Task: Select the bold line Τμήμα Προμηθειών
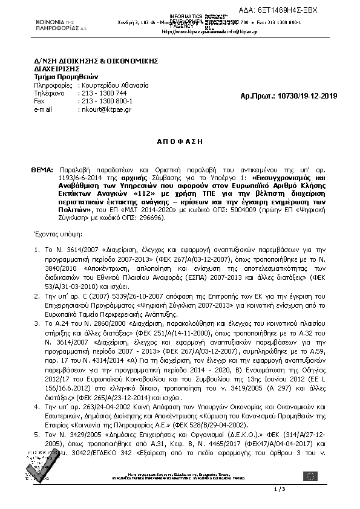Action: pos(57,77)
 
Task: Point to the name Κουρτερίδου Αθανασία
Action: pos(114,86)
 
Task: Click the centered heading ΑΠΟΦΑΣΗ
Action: pos(180,140)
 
